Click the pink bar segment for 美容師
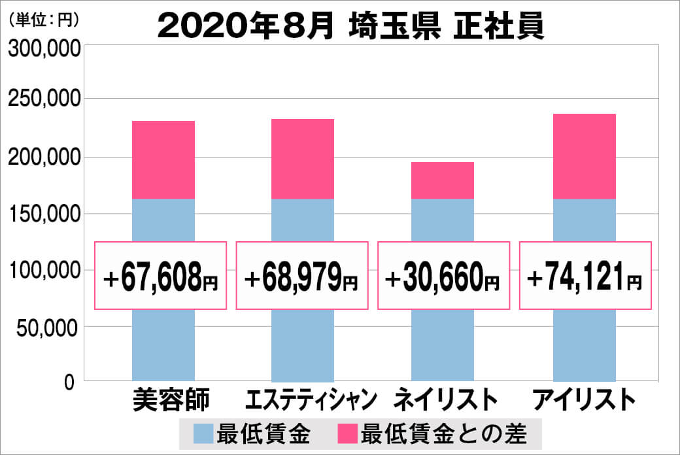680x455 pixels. pos(163,160)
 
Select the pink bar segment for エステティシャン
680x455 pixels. pos(303,159)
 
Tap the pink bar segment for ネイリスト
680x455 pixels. pos(442,180)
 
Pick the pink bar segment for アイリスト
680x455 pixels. pos(584,156)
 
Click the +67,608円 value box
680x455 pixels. pos(161,276)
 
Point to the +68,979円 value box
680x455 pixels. pos(301,276)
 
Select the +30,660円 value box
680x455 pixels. pos(443,276)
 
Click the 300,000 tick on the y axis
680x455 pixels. pos(44,48)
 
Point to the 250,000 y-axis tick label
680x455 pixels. pos(44,100)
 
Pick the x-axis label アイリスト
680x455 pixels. pos(584,399)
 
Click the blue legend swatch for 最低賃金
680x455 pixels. pos(203,433)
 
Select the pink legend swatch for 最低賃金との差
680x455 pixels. pos(347,433)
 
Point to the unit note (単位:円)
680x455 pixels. pos(43,20)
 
